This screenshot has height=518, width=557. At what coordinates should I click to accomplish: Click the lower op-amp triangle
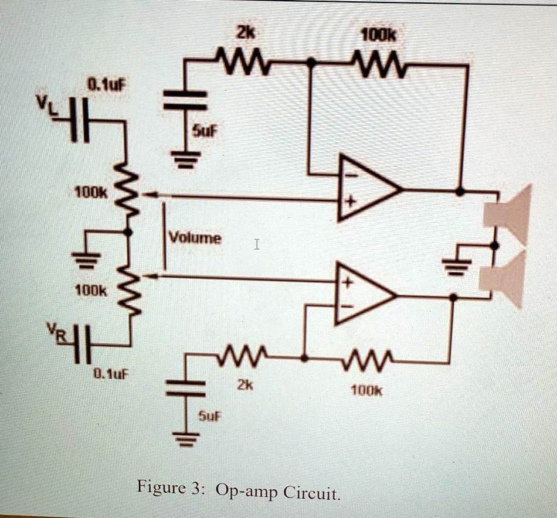coord(362,294)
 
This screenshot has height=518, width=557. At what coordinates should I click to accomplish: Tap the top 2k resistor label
coord(242,33)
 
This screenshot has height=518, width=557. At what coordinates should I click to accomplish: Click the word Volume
coord(195,238)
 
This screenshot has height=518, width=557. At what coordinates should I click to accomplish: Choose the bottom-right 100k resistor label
coord(366,389)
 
